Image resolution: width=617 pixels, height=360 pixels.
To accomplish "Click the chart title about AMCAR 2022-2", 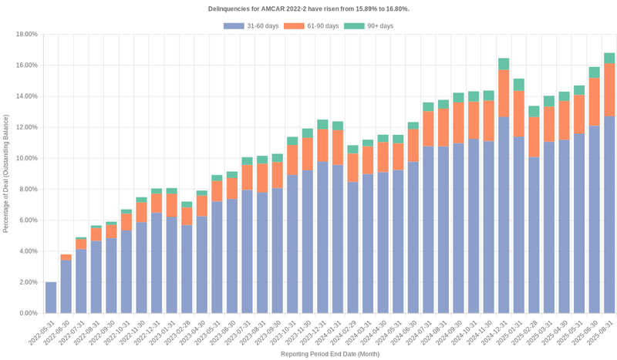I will point(308,8).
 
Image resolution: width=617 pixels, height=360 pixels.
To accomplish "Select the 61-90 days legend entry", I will point(312,26).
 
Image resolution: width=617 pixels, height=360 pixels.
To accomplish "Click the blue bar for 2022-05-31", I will point(51,298).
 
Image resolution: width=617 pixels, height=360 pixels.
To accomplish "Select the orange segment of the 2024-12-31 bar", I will point(504,93).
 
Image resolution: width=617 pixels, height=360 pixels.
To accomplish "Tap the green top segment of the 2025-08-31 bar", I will point(609,58).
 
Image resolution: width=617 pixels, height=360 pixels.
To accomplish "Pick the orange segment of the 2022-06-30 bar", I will point(66,257).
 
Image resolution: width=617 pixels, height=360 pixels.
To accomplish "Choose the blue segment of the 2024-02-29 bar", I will point(352,247).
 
